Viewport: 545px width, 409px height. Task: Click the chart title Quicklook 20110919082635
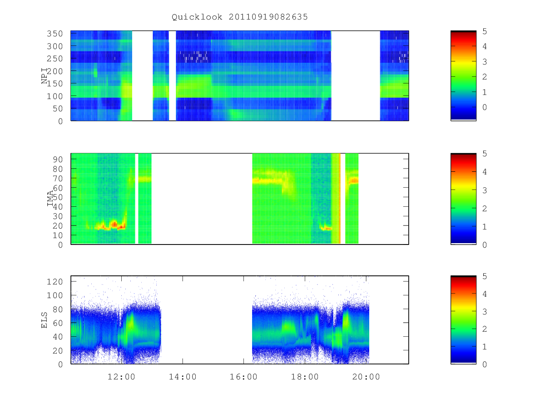click(x=240, y=17)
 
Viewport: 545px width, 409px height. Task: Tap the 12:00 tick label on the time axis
click(x=121, y=377)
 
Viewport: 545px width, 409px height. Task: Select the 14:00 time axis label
click(x=183, y=377)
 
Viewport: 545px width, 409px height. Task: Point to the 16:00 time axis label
click(x=243, y=377)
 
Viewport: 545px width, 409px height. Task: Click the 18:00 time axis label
click(x=305, y=377)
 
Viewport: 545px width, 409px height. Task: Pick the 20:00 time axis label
click(x=366, y=377)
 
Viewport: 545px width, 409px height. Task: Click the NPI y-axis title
click(x=45, y=76)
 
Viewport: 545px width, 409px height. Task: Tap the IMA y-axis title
click(x=50, y=199)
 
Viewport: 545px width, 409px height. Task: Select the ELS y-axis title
click(x=44, y=320)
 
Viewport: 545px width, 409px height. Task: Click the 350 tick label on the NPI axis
click(x=54, y=34)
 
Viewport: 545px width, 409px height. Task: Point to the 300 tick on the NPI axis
click(x=54, y=46)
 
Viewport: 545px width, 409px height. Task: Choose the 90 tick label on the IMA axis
click(x=58, y=160)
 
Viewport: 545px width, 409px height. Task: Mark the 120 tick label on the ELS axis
click(x=54, y=282)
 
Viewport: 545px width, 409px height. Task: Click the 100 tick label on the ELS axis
click(x=54, y=295)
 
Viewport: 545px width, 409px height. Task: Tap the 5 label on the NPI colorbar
click(x=485, y=31)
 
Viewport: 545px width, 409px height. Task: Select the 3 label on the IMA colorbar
click(x=485, y=190)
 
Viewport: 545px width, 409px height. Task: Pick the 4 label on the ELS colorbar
click(x=485, y=294)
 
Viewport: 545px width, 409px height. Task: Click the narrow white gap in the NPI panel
click(x=172, y=75)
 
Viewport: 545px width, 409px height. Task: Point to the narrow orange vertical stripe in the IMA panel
click(x=339, y=199)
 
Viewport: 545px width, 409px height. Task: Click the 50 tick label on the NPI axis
click(x=58, y=109)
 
